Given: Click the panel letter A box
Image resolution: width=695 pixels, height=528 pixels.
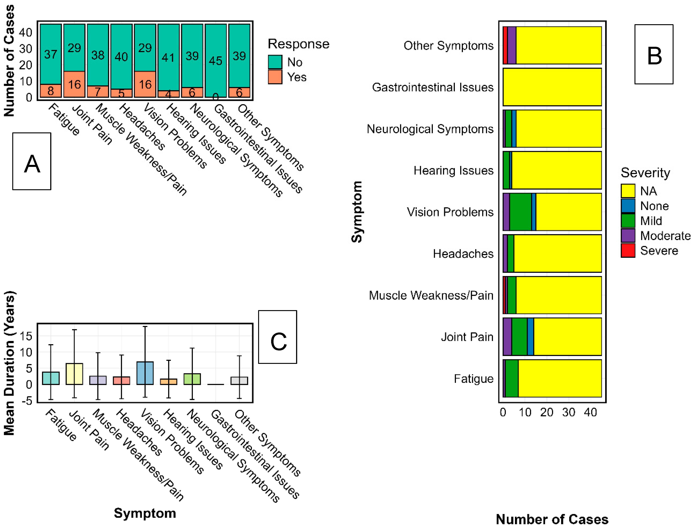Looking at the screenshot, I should [32, 161].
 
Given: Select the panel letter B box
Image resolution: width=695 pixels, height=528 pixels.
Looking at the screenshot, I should [654, 54].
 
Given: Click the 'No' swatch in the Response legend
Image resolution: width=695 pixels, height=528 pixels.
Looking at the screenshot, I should [275, 62].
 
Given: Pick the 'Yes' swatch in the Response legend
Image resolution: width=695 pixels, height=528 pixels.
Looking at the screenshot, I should [275, 77].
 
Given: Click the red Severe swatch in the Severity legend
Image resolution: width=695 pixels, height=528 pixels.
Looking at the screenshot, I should [628, 251].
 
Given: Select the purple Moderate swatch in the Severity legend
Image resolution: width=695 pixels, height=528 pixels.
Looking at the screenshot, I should [628, 236].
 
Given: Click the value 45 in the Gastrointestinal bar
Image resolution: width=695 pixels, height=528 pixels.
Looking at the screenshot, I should [216, 61].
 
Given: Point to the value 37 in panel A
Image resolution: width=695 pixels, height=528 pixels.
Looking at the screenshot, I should [51, 54].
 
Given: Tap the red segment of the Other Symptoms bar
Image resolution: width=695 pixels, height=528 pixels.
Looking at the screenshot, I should [505, 45].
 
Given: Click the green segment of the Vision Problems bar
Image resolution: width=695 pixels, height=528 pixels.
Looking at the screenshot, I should [521, 212].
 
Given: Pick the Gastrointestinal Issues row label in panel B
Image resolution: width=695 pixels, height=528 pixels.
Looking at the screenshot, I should [433, 87].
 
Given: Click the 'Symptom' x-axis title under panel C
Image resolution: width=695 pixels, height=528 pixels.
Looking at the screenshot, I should [145, 513].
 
